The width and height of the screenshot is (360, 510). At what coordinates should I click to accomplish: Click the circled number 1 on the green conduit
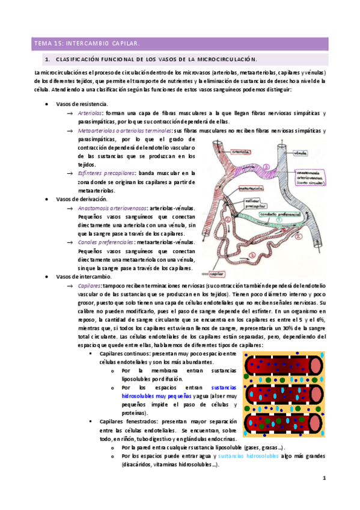[x=278, y=221]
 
